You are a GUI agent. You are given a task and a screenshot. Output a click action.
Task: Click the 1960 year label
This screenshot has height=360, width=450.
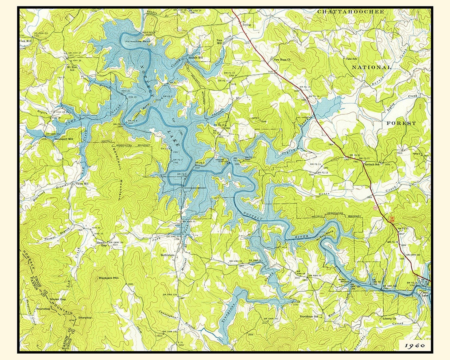414,345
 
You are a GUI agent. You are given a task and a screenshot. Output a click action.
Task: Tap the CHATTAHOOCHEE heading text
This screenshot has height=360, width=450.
350,12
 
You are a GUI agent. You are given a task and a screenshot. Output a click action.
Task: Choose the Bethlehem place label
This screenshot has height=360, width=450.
168,255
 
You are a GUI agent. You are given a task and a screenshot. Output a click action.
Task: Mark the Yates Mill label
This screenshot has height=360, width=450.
82,184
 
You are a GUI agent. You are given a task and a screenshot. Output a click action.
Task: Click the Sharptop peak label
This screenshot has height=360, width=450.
85,318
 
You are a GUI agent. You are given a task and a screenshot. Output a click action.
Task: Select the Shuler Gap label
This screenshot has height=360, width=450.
58,299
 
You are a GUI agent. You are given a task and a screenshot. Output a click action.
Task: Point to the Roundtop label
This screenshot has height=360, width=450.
43,309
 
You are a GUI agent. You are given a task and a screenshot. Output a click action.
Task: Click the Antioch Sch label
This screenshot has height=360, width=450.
374,164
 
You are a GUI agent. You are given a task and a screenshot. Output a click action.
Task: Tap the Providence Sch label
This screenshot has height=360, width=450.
309,316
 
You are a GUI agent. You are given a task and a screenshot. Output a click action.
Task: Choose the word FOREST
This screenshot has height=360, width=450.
401,124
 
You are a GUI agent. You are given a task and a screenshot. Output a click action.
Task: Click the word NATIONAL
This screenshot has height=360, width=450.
370,68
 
